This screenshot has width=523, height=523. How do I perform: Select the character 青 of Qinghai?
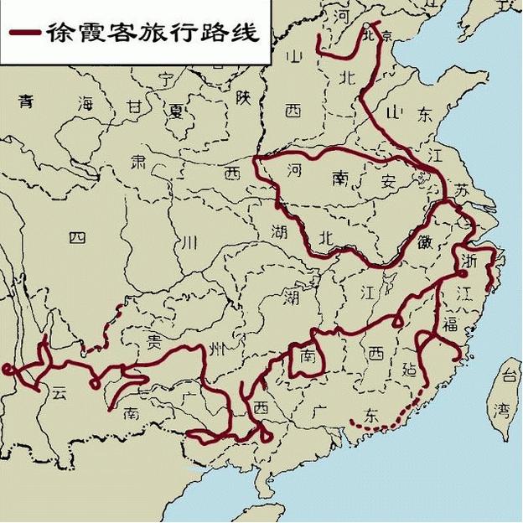point(28,101)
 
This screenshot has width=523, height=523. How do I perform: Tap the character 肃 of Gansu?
point(138,159)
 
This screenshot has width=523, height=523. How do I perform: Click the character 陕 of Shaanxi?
point(243,98)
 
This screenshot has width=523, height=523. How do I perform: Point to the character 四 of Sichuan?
point(77,237)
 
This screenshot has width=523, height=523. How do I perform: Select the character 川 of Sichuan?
point(190,242)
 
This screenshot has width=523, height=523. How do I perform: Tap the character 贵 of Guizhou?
point(155,340)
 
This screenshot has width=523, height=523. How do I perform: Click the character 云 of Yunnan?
point(58,392)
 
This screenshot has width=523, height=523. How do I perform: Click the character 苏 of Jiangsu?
point(463,191)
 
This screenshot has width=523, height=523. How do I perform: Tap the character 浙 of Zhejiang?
point(469,261)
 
